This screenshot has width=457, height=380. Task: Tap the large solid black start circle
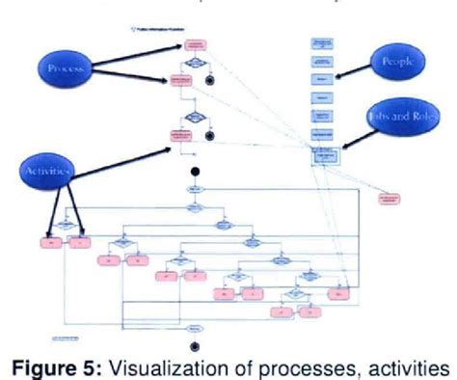click(194, 173)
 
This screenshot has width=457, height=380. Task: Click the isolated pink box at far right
click(390, 199)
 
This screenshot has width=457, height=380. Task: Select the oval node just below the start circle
click(194, 190)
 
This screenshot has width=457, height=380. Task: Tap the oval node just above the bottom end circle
click(194, 328)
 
